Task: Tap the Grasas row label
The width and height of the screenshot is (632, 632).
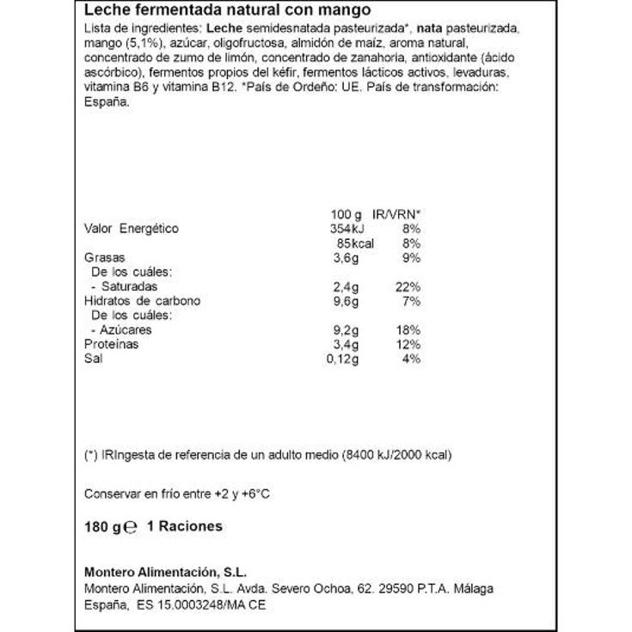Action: pos(104,257)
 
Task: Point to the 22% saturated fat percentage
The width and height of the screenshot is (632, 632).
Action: pos(408,286)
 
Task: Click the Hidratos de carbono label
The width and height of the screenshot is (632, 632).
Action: pos(142,301)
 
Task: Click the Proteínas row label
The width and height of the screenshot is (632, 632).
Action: pos(111,344)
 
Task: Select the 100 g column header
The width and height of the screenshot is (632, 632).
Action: pos(346,214)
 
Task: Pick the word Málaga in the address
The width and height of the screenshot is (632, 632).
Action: pos(475,589)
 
